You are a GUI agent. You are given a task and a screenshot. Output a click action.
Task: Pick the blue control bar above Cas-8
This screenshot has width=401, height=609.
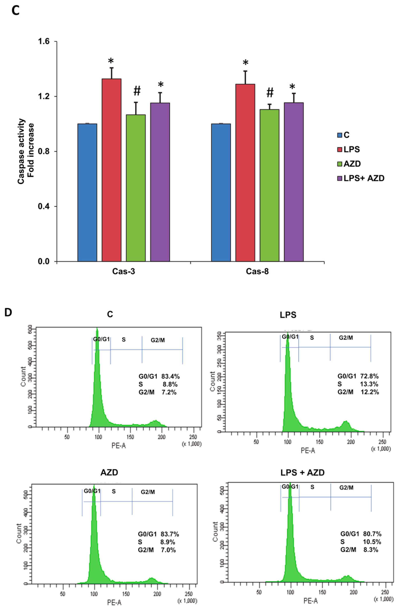(221, 192)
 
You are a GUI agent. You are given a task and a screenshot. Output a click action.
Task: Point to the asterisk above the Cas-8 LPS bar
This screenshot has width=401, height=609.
(246, 63)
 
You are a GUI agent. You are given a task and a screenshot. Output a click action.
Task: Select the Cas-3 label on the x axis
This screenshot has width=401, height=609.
(124, 271)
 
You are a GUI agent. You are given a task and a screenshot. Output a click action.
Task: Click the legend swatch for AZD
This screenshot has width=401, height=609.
(340, 164)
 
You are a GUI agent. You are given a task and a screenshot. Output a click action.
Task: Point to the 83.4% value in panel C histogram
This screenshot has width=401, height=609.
(170, 376)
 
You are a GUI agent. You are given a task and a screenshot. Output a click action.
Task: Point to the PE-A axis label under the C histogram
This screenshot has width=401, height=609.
(119, 445)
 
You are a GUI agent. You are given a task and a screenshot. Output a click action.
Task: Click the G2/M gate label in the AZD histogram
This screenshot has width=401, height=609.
(148, 492)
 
